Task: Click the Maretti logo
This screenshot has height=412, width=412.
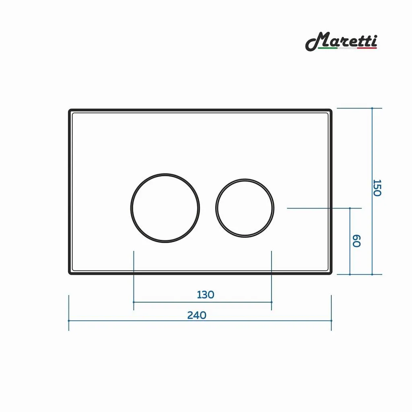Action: (x=341, y=41)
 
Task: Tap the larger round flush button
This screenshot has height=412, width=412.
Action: (x=165, y=208)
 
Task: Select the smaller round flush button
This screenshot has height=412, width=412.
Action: (x=245, y=208)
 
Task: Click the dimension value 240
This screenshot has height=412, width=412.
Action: (x=197, y=315)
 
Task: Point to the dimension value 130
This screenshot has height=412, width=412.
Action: (x=206, y=295)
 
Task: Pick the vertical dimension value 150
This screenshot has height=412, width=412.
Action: (x=377, y=188)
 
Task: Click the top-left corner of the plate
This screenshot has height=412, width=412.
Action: (x=70, y=110)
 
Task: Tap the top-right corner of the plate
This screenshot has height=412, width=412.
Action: (x=331, y=110)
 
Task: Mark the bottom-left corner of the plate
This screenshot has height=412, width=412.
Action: (x=70, y=273)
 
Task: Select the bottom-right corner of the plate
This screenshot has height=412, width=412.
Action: (x=331, y=273)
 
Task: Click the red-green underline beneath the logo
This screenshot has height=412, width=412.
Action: (x=347, y=48)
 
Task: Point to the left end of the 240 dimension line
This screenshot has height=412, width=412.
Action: (x=69, y=321)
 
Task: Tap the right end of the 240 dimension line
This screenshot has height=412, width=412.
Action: (x=332, y=321)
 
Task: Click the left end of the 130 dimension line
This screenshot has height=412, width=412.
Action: (x=134, y=302)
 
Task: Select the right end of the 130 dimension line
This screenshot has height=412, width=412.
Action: (x=272, y=302)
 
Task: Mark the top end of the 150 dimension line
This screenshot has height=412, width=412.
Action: (x=372, y=108)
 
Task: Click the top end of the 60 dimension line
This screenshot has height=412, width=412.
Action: (x=350, y=208)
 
